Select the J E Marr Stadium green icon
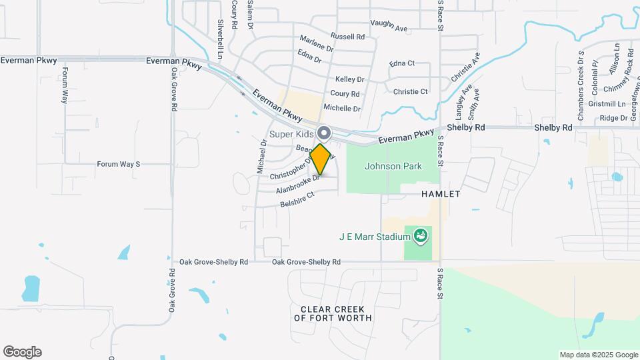[x=420, y=235]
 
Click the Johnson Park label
[x=393, y=166]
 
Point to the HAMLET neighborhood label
[x=441, y=194]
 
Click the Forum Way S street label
[x=119, y=164]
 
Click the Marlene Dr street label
[x=316, y=45]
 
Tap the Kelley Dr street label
[x=349, y=79]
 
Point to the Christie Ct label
[x=410, y=91]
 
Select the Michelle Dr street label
[x=341, y=108]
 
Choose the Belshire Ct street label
[x=297, y=200]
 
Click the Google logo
[x=22, y=352]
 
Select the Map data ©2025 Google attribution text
[x=598, y=355]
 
